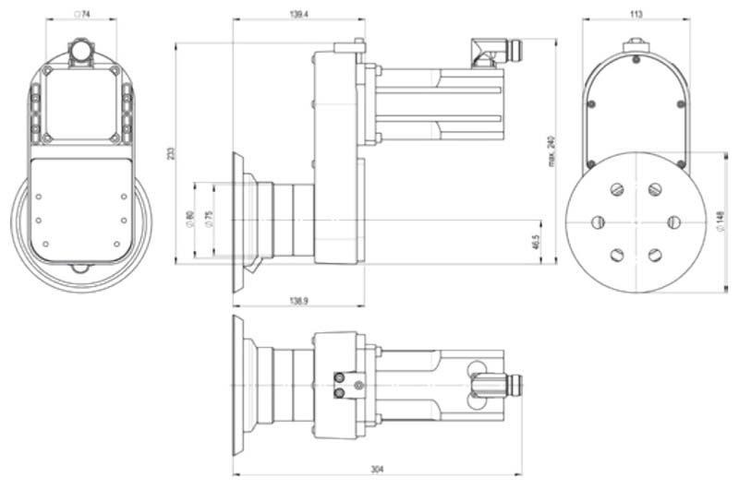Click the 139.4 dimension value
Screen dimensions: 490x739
pos(298,14)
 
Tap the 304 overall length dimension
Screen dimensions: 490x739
pos(377,470)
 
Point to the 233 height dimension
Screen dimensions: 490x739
pos(170,152)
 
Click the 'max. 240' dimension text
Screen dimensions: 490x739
pos(552,149)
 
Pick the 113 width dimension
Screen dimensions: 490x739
pos(636,14)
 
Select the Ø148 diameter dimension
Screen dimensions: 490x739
pos(721,222)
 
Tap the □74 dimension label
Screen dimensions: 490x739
pos(81,14)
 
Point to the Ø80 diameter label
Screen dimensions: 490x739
pos(189,221)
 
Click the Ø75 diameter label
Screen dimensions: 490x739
pos(209,221)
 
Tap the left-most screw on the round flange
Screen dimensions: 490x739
pos(598,222)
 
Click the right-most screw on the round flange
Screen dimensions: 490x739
pos(673,222)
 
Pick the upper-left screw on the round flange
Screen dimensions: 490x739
pos(617,189)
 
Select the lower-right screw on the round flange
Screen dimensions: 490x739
pos(655,255)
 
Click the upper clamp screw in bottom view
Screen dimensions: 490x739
pos(340,376)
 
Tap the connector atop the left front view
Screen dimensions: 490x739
pos(81,52)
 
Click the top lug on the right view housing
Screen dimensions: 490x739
pos(636,43)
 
